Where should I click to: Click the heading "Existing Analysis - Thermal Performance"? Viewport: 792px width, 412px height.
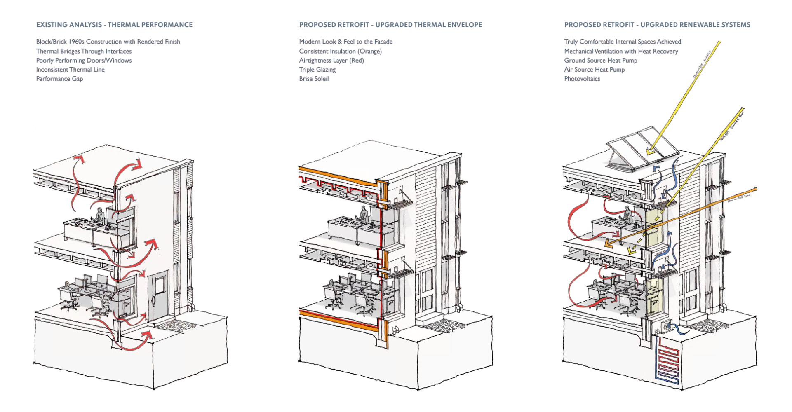[114, 25]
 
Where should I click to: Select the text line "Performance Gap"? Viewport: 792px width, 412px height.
[59, 79]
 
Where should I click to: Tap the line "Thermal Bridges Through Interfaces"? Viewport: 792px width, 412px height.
[84, 51]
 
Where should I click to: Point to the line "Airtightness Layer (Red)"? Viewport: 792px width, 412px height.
[331, 60]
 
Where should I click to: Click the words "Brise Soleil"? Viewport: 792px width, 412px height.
[314, 79]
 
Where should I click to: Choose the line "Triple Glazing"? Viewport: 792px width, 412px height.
[317, 70]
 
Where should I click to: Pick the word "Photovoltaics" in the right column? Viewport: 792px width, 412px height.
[582, 79]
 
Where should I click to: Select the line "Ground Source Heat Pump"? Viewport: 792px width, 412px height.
[600, 60]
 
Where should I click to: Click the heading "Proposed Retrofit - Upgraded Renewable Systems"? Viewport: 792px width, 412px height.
[657, 25]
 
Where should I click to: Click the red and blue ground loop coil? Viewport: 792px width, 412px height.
[667, 359]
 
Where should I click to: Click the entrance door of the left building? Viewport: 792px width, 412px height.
[159, 295]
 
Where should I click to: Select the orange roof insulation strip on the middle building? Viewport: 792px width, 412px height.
[338, 175]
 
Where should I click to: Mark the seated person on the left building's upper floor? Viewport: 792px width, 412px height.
[99, 216]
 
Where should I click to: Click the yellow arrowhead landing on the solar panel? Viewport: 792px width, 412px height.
[650, 152]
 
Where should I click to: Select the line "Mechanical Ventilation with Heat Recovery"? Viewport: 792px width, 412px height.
[621, 51]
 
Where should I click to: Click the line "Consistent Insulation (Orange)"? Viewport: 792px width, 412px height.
[340, 51]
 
